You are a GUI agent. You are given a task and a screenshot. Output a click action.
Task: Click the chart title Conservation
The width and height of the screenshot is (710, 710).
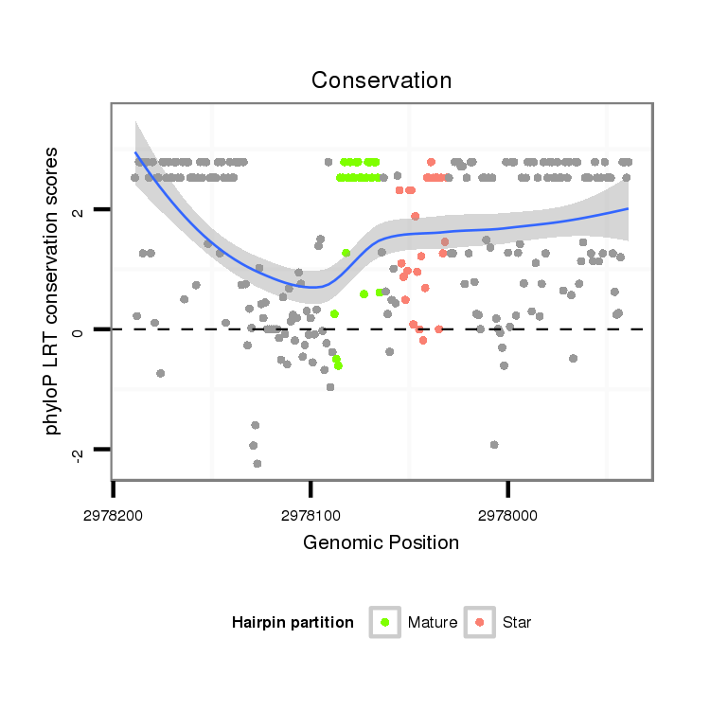point(382,80)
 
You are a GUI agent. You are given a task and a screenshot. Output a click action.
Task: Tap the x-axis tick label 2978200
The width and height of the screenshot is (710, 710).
point(114,516)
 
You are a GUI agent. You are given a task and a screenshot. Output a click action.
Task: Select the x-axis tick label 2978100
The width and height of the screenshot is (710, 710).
point(311,516)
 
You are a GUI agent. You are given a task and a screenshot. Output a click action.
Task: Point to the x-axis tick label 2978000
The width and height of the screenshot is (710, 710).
point(508,516)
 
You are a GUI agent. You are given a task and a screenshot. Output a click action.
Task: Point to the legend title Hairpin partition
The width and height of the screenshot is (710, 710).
point(293,623)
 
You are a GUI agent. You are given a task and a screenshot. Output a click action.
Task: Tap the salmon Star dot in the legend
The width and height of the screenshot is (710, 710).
point(479,622)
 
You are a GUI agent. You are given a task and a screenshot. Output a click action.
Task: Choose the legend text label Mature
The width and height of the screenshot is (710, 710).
point(432,623)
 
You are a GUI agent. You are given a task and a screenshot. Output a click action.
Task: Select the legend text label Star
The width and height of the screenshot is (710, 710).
point(518,623)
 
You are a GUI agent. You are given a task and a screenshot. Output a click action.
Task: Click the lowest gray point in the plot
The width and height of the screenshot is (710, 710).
point(257,464)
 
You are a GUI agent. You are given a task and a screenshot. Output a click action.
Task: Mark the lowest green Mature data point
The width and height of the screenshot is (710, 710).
point(338,366)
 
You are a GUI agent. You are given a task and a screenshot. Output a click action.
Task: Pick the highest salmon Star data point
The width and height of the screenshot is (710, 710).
point(432,162)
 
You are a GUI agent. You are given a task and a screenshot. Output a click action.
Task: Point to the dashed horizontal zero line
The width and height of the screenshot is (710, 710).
point(568,329)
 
